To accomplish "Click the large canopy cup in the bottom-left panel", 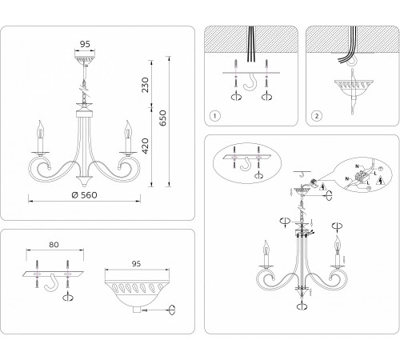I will tap(137, 287).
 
